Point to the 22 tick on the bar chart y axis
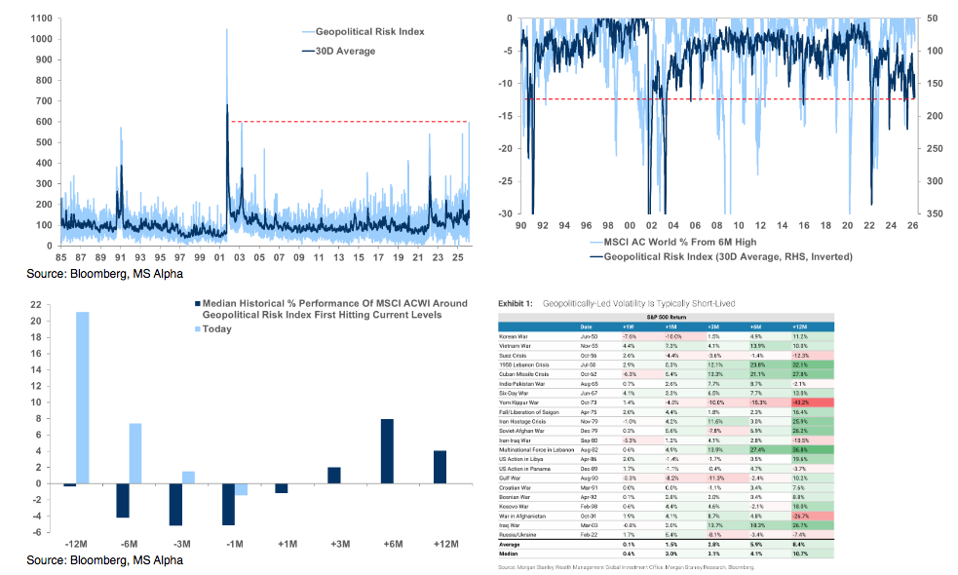coord(35,304)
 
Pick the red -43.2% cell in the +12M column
coord(805,401)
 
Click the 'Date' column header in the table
coord(586,326)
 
